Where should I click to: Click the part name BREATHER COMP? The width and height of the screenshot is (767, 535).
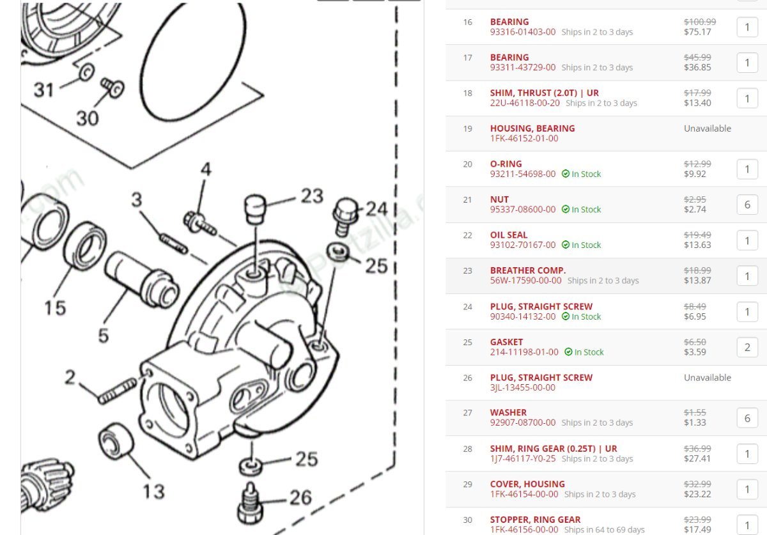click(527, 270)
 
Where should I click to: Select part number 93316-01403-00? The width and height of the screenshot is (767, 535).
click(523, 32)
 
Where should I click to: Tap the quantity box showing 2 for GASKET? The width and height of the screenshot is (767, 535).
click(747, 348)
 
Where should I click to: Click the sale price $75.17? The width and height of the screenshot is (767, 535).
click(697, 32)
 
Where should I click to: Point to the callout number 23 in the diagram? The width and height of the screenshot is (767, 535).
click(312, 196)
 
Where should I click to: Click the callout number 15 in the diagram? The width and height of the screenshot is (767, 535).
click(55, 307)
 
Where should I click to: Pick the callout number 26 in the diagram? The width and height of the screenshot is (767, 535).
click(301, 497)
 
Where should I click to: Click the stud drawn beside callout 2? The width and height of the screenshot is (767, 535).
click(118, 391)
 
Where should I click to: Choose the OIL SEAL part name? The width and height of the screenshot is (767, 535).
click(509, 235)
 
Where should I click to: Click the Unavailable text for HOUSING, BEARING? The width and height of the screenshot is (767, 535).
click(707, 128)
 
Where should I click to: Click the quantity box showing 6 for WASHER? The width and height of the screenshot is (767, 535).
click(747, 419)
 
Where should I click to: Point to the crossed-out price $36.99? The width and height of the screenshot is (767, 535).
click(697, 449)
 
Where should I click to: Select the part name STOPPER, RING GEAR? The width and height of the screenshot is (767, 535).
click(535, 520)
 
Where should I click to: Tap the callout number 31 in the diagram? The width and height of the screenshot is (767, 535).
click(43, 89)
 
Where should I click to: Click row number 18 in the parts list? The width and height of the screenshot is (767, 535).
click(468, 93)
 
